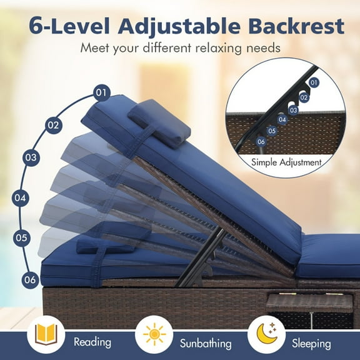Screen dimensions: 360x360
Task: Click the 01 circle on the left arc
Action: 101,92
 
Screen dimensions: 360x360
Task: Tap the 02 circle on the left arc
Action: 54,124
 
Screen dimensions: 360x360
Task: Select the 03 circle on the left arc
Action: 30,157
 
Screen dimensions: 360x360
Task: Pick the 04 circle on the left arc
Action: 21,199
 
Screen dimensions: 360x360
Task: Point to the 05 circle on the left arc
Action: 22,237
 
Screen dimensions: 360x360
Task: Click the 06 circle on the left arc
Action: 30,279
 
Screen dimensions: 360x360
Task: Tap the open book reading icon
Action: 46,334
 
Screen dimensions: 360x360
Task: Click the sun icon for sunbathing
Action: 154,335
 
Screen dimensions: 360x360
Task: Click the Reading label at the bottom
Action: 92,342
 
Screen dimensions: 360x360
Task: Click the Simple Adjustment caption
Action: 287,162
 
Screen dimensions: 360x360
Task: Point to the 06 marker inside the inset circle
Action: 261,142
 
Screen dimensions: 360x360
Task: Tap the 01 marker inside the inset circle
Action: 314,82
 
